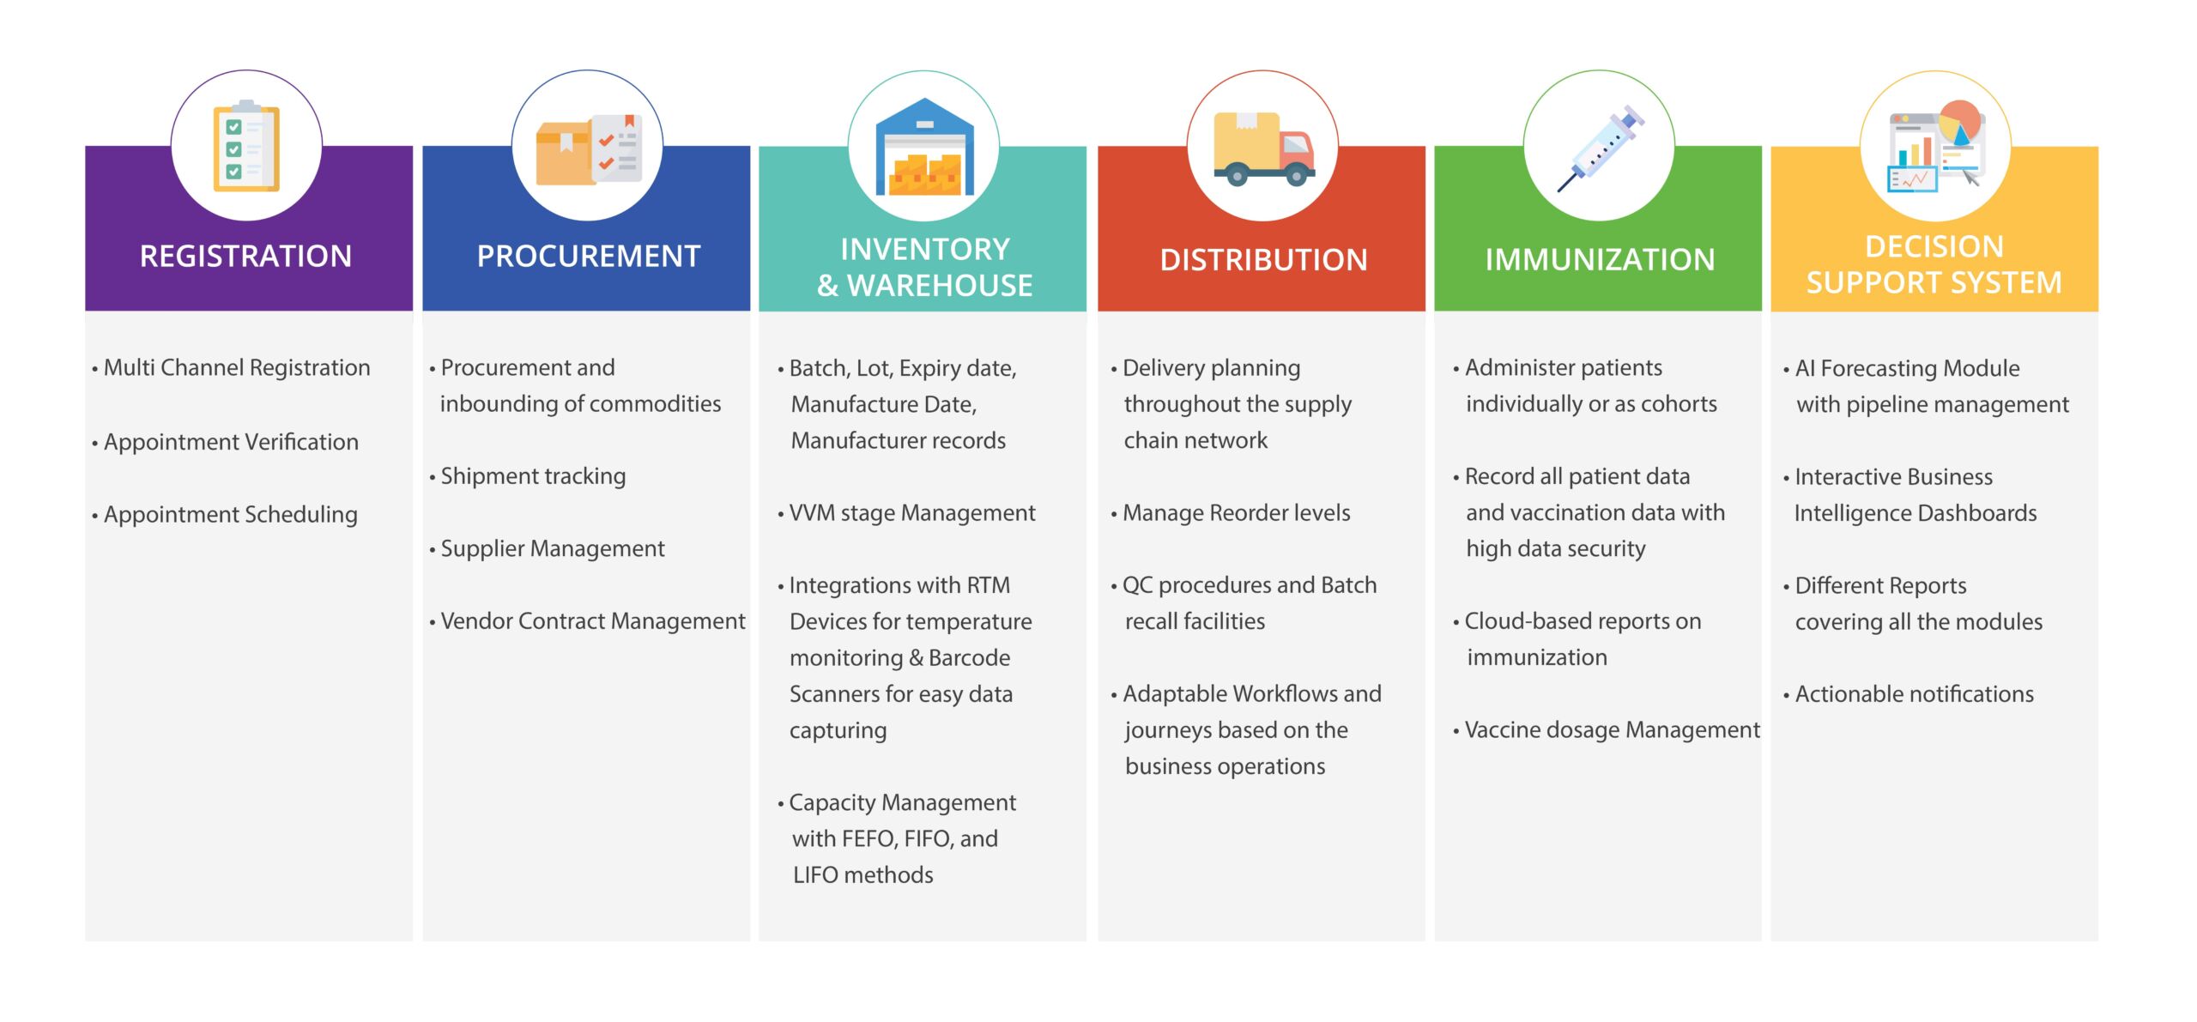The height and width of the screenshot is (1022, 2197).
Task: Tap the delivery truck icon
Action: pos(1263,149)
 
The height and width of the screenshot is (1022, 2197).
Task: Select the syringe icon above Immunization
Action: pos(1601,148)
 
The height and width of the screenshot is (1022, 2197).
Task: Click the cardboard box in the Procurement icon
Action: pos(565,154)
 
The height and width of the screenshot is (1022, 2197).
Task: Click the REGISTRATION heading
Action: pos(245,256)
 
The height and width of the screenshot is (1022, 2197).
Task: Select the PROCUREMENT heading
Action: pos(589,256)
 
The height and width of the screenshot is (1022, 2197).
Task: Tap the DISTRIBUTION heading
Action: pos(1263,259)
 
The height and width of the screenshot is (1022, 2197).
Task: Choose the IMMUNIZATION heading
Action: pos(1600,259)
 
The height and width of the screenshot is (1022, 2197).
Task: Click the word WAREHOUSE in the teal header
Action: pos(940,285)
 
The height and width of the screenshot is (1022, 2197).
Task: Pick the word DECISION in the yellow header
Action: pos(1934,246)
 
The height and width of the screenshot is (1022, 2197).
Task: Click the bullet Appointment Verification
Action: pos(226,442)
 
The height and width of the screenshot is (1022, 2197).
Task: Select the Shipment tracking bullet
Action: pos(528,476)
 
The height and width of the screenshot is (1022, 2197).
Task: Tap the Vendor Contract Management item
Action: pos(588,621)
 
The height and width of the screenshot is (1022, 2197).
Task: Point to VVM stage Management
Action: pos(906,513)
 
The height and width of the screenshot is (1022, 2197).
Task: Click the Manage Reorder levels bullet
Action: pos(1231,513)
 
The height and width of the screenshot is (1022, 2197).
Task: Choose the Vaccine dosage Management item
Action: pos(1607,730)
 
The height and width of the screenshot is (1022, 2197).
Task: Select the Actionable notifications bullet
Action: pos(1909,694)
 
